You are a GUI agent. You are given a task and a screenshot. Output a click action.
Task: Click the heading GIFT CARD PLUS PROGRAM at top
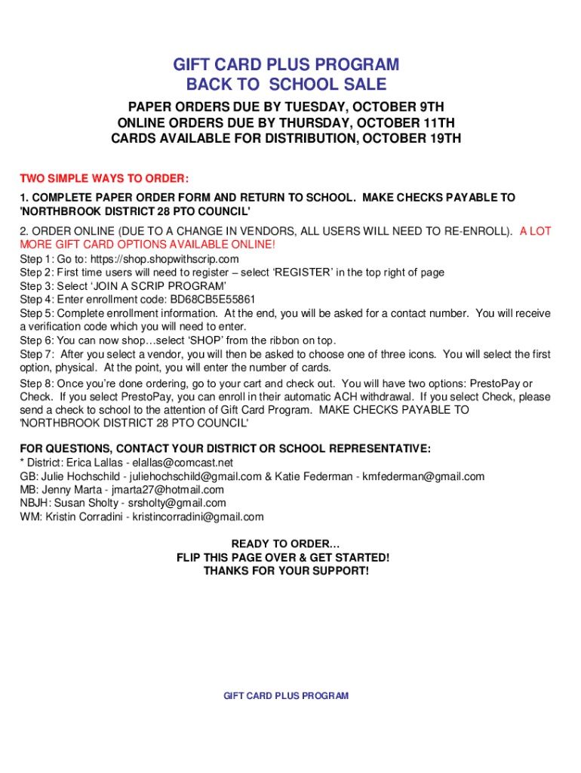(286, 64)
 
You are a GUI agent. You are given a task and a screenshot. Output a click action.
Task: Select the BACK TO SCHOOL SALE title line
(286, 85)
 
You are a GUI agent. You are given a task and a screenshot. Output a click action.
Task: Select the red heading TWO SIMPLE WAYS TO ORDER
(104, 179)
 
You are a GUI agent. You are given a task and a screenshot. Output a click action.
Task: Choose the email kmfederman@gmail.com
(423, 476)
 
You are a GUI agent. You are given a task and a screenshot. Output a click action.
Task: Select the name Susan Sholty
(91, 504)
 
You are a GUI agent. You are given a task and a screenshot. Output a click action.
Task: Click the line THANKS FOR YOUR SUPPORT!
(286, 571)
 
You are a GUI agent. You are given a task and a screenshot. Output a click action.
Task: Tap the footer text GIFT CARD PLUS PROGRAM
(286, 696)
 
